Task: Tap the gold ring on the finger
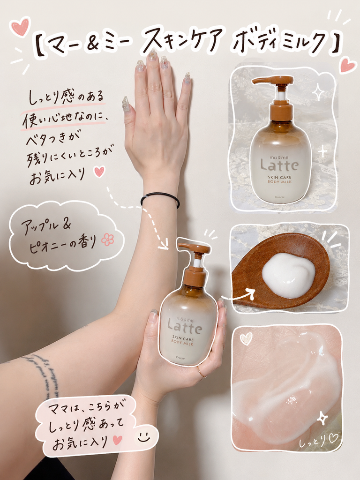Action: click(x=202, y=371)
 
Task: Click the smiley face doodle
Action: click(x=143, y=436)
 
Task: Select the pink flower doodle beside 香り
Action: click(x=107, y=240)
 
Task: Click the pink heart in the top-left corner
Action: click(x=21, y=26)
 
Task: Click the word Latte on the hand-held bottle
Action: click(x=185, y=326)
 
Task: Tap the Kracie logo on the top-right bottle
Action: click(x=279, y=197)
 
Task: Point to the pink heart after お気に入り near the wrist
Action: click(x=99, y=172)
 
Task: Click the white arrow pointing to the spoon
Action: click(x=238, y=294)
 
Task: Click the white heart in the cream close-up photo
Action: click(x=246, y=338)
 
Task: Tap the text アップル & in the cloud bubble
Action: click(x=46, y=225)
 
